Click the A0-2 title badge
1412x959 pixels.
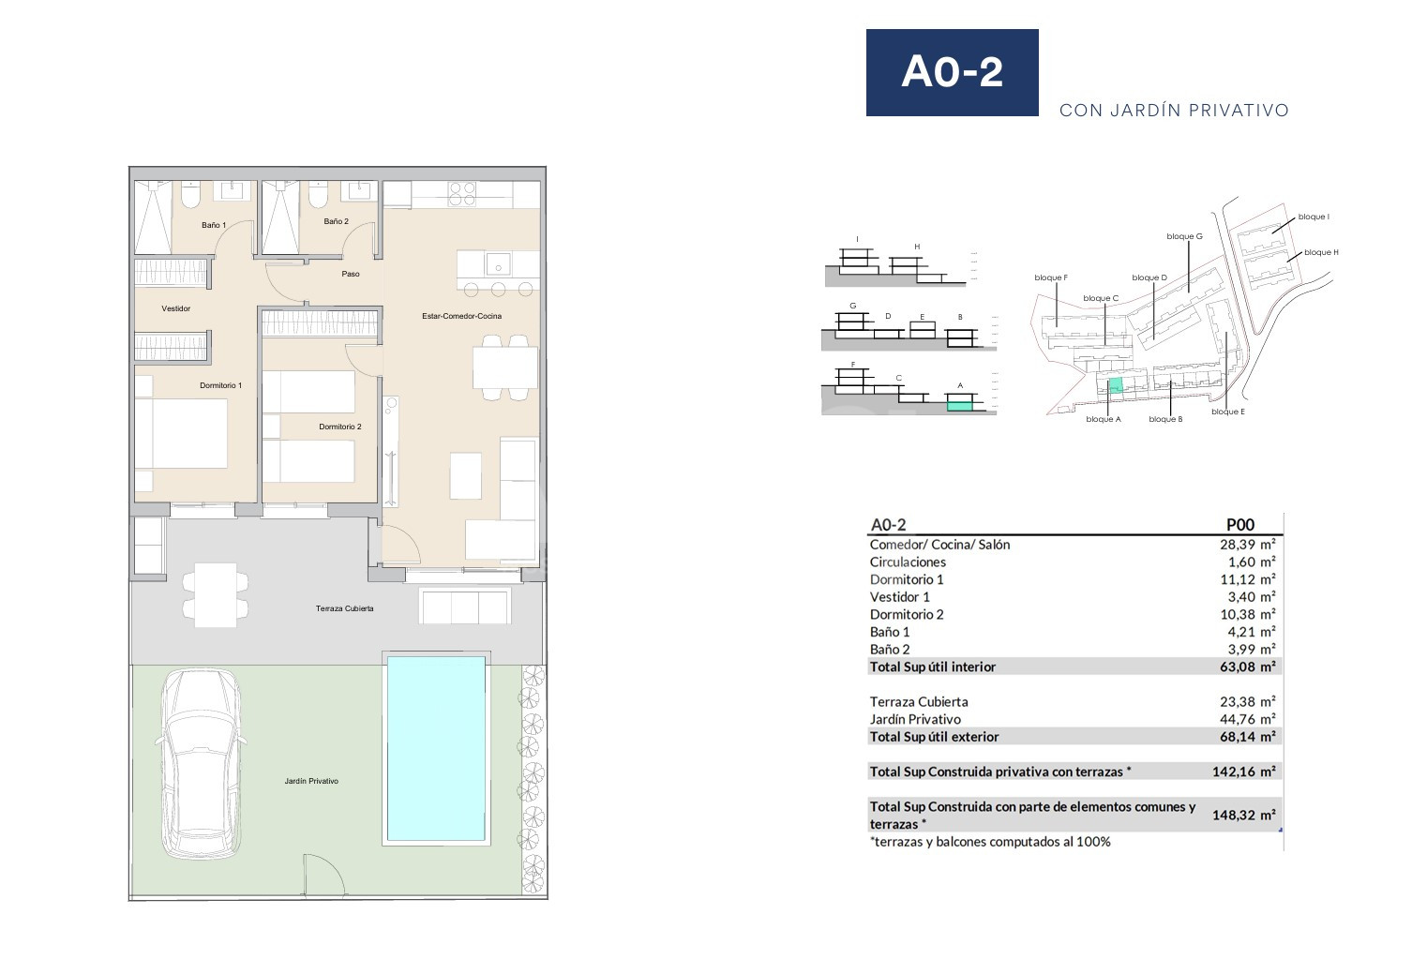point(952,72)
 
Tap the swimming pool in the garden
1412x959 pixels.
point(436,748)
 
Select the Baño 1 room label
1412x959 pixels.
point(214,225)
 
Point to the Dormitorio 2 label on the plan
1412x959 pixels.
point(340,427)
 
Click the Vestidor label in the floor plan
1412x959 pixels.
point(176,308)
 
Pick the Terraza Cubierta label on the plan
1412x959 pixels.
point(345,608)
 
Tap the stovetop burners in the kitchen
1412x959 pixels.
point(462,194)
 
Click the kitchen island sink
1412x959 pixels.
point(498,264)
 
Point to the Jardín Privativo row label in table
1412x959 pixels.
point(915,720)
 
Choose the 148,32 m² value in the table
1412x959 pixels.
point(1243,815)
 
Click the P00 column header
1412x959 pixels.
point(1239,525)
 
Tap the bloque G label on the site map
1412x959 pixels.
point(1184,236)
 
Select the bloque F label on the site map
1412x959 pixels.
point(1051,277)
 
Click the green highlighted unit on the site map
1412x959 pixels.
point(1116,385)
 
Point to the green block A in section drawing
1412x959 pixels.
point(959,406)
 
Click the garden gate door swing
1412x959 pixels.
point(323,875)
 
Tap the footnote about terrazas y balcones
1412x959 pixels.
point(990,842)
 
